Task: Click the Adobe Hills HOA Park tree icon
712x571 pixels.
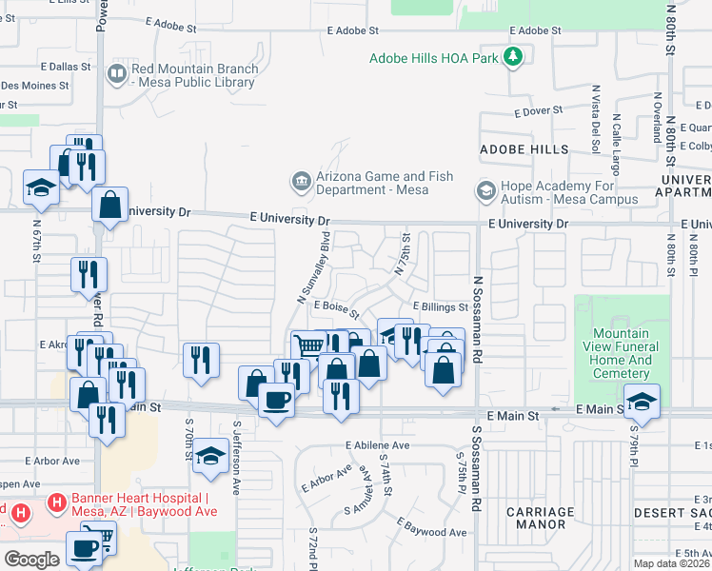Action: pos(514,58)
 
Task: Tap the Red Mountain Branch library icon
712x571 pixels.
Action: pos(117,74)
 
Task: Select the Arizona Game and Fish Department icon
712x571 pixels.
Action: pos(301,181)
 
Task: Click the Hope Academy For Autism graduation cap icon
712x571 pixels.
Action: pos(485,191)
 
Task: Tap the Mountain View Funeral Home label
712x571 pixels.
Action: pos(622,354)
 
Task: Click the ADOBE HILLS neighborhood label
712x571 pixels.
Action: pos(524,149)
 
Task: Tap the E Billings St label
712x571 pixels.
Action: pos(440,307)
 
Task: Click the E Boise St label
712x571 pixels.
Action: pos(333,311)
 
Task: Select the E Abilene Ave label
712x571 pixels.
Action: pos(377,444)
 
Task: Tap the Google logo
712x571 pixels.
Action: pos(31,560)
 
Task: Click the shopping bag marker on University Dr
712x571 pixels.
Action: pos(110,204)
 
